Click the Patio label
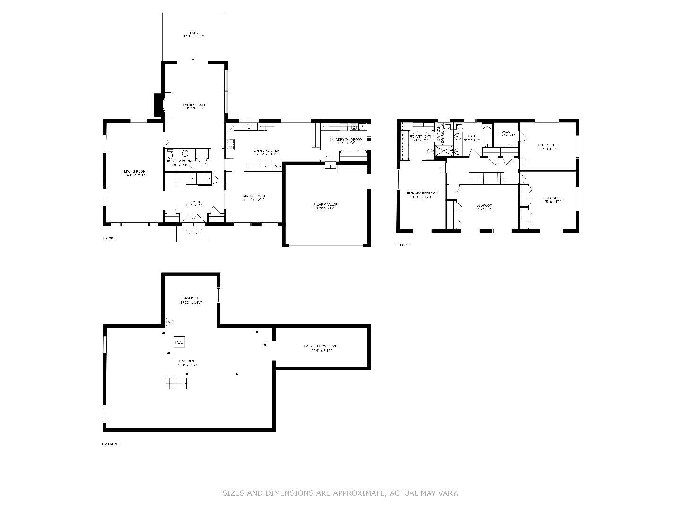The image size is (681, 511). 194,34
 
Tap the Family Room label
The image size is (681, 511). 194,106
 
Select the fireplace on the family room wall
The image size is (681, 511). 159,105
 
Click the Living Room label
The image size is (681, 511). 134,173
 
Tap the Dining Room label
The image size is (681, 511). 254,198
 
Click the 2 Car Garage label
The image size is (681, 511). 325,206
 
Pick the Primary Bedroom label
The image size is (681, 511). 422,194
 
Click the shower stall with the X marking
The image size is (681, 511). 443,150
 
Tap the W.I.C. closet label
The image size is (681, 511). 506,133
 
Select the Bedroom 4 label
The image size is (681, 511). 485,207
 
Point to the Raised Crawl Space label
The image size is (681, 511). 321,348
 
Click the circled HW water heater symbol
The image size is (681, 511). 168,322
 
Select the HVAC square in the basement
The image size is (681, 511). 179,341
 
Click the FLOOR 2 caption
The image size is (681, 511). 403,245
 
